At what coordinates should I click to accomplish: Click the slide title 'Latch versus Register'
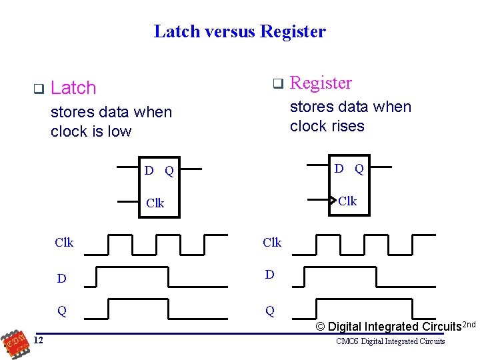click(x=239, y=31)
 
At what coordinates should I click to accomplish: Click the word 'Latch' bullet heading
click(x=73, y=88)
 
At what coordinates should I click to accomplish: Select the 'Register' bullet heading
click(x=321, y=83)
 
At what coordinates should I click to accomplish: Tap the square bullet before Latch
click(x=38, y=88)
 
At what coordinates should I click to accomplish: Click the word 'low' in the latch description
click(x=119, y=131)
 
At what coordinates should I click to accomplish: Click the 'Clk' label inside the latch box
click(x=155, y=203)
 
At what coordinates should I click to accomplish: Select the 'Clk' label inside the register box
click(x=347, y=201)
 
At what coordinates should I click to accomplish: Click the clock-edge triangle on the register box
click(x=333, y=199)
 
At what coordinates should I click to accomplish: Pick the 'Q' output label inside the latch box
click(x=169, y=171)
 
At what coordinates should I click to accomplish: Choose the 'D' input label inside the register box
click(x=339, y=169)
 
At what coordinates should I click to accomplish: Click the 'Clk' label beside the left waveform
click(x=64, y=243)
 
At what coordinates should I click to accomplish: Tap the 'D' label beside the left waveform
click(x=61, y=279)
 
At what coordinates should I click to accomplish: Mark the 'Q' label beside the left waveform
click(x=61, y=311)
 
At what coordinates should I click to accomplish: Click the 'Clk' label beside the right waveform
click(x=272, y=243)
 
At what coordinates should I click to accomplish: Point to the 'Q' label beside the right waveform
click(x=270, y=311)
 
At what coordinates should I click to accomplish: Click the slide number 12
click(x=39, y=341)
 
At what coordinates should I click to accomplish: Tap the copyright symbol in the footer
click(x=320, y=327)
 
